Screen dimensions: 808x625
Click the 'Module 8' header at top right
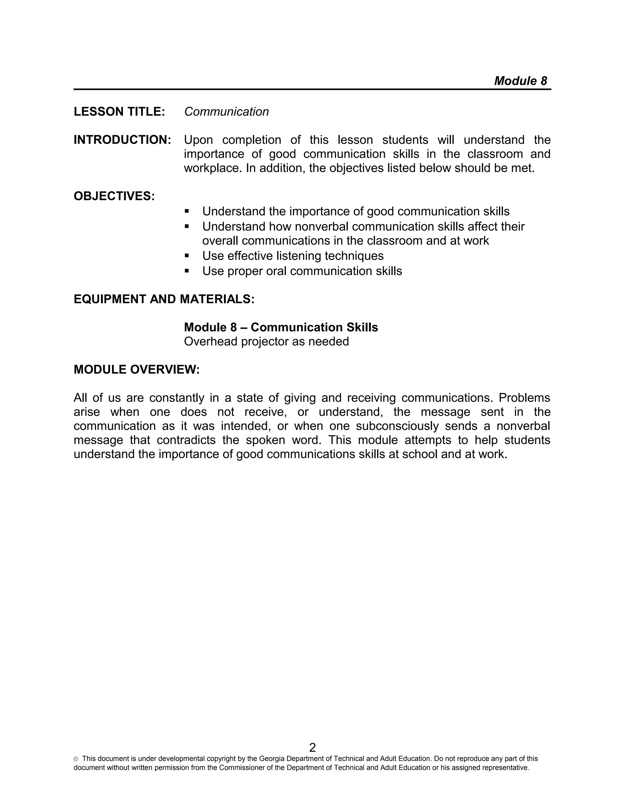click(520, 81)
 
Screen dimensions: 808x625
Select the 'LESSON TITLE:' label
click(119, 112)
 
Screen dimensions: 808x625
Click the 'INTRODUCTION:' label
click(122, 140)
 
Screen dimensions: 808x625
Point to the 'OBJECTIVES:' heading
click(114, 196)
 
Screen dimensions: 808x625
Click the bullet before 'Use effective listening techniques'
click(186, 255)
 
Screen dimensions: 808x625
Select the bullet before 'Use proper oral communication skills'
click(186, 270)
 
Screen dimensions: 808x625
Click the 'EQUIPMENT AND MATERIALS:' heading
click(164, 299)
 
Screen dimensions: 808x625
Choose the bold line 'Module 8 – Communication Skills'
click(281, 327)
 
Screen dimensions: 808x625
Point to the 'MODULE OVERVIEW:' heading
click(137, 370)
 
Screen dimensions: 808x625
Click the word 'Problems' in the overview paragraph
click(524, 398)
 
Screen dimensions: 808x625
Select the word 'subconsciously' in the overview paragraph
click(397, 426)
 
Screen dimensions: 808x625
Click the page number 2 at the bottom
click(312, 747)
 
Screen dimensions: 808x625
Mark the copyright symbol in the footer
click(76, 759)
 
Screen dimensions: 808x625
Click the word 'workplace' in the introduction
click(213, 168)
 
